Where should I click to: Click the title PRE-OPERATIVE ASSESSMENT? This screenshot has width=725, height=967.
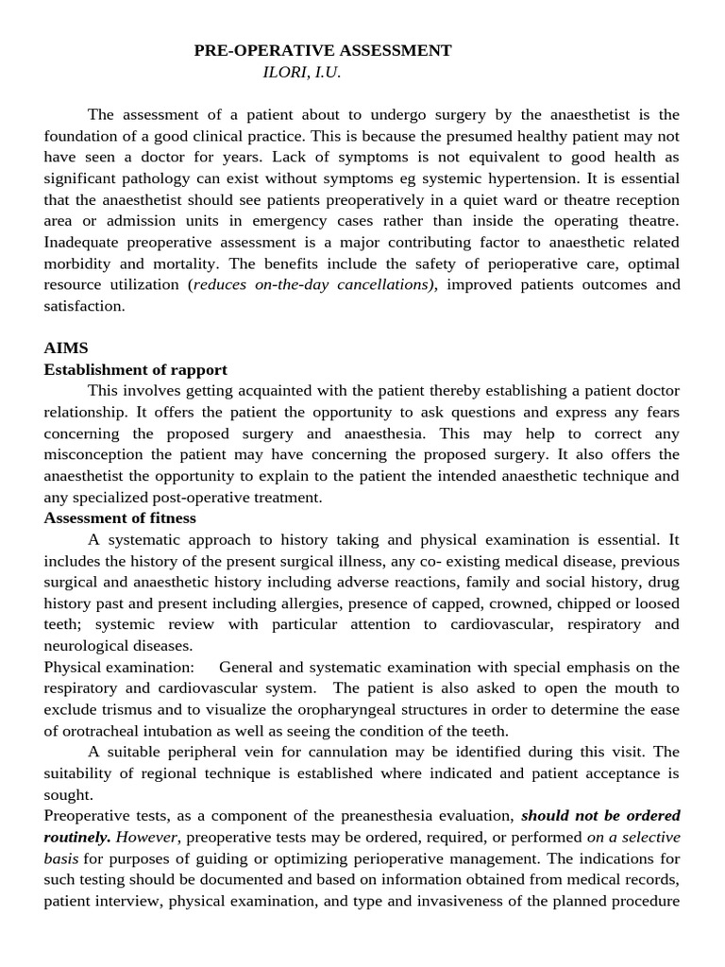323,51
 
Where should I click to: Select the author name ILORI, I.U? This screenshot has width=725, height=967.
301,72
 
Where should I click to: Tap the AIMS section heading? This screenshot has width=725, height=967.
65,348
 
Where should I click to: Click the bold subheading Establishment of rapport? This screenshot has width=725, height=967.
135,369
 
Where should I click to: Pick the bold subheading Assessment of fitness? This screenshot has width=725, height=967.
120,518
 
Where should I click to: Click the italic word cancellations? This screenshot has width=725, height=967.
382,285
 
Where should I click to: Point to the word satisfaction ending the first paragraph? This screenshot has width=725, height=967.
83,306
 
